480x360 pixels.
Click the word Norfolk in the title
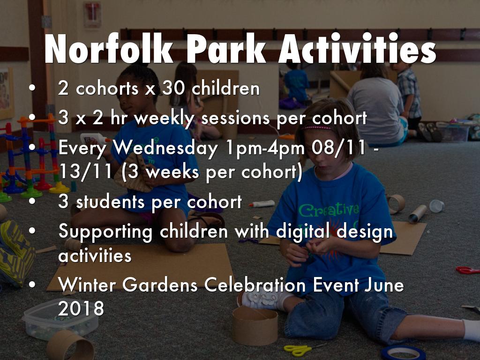pos(109,48)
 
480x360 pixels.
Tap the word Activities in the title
pos(357,48)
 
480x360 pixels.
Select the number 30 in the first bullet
pos(173,88)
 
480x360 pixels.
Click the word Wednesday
pos(165,148)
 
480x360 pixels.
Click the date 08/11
pos(338,148)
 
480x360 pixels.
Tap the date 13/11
pos(85,172)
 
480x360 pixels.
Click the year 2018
pos(81,308)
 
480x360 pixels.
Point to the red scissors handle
pos(466,270)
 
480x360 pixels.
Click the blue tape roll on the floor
pos(403,353)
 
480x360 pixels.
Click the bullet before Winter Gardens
pos(32,285)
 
